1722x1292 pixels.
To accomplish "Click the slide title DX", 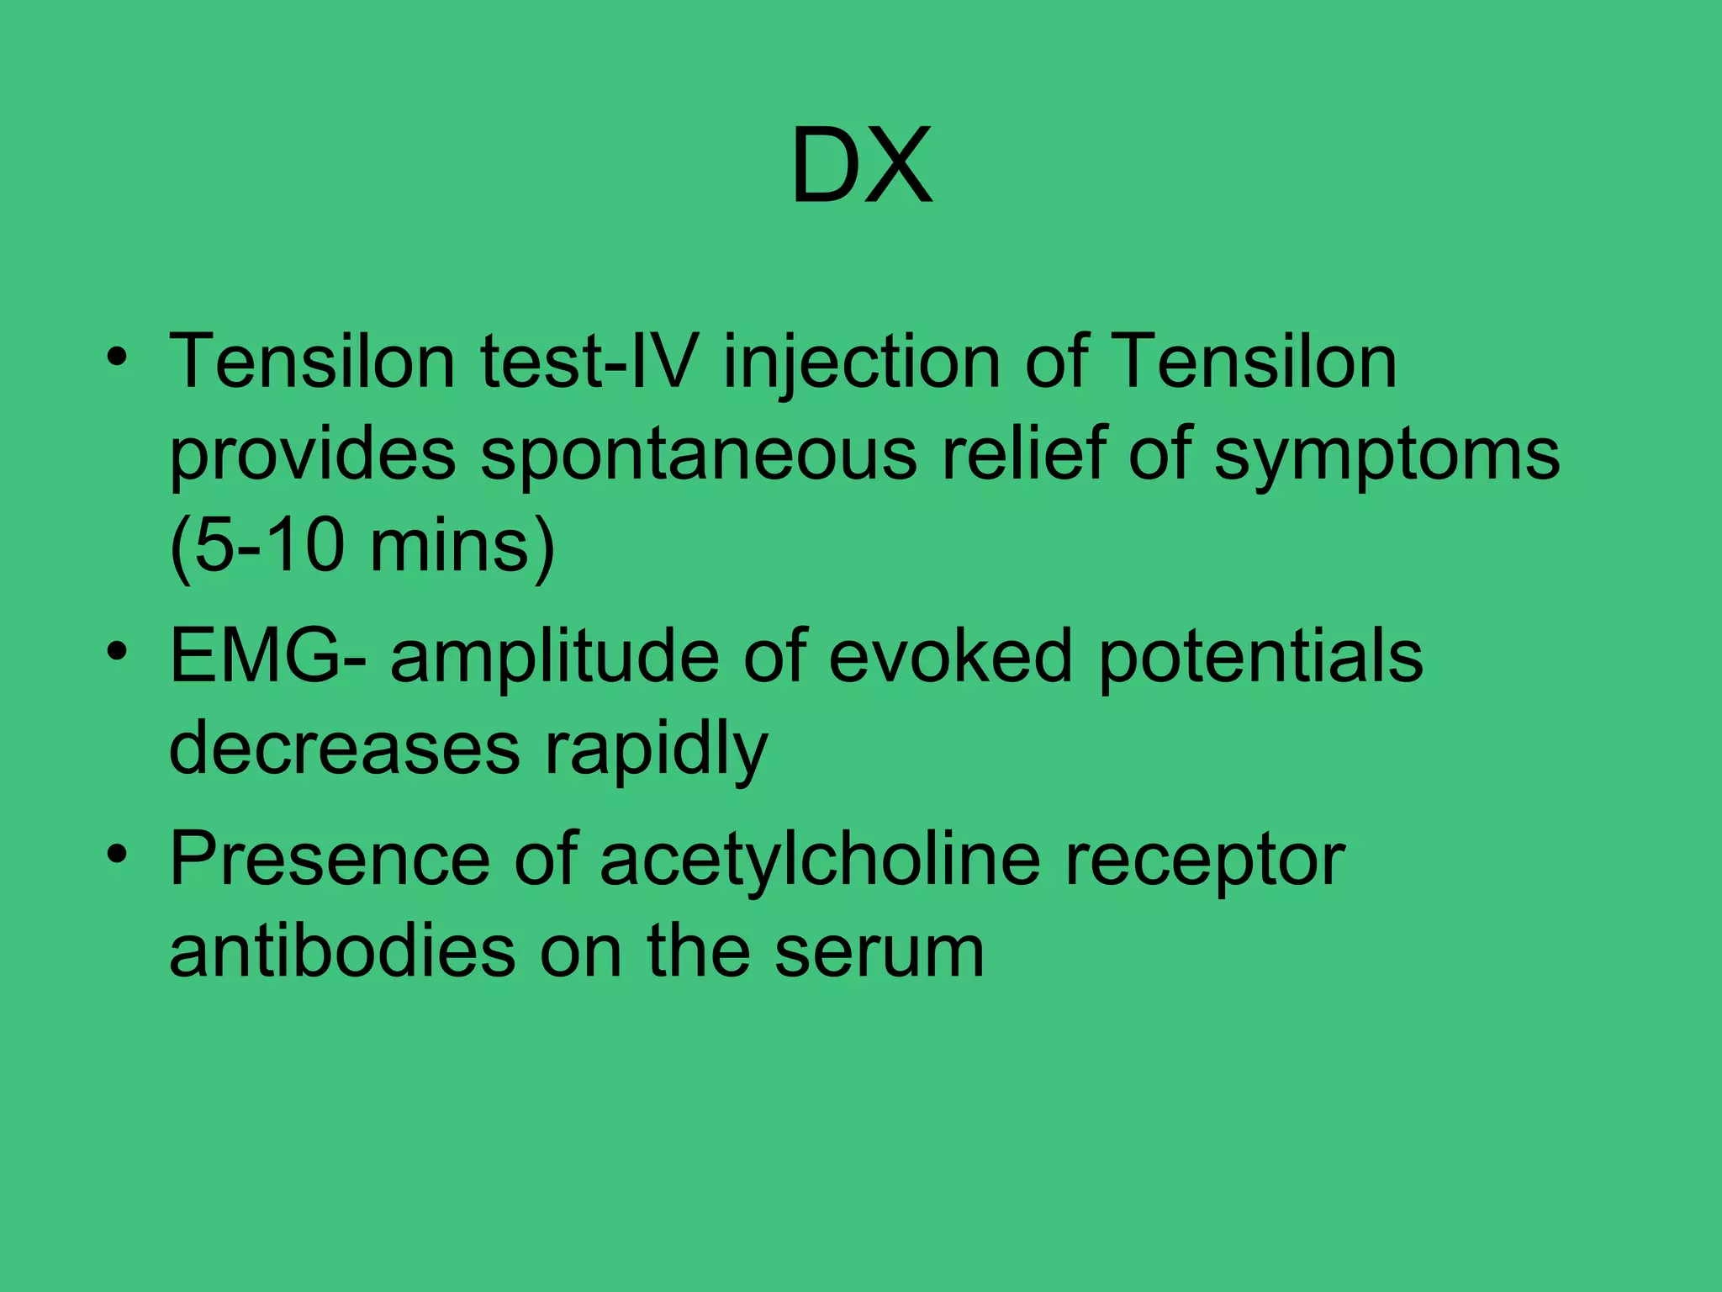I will point(861,165).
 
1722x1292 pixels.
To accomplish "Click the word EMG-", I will point(267,657).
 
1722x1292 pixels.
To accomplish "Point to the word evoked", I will point(950,657).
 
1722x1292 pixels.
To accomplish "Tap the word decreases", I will point(345,749).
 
